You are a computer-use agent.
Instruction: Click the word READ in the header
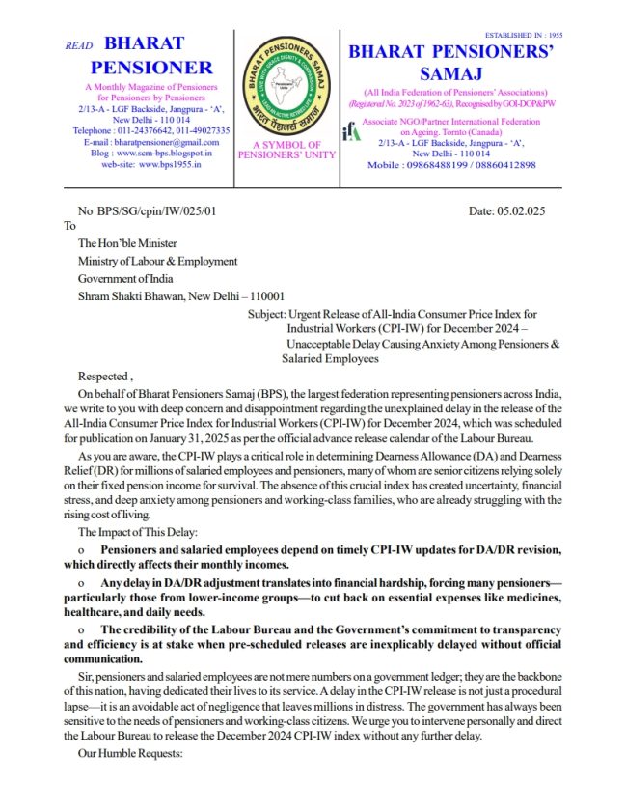click(78, 45)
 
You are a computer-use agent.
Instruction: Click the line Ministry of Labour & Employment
click(157, 261)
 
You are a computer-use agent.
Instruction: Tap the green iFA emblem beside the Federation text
click(352, 131)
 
